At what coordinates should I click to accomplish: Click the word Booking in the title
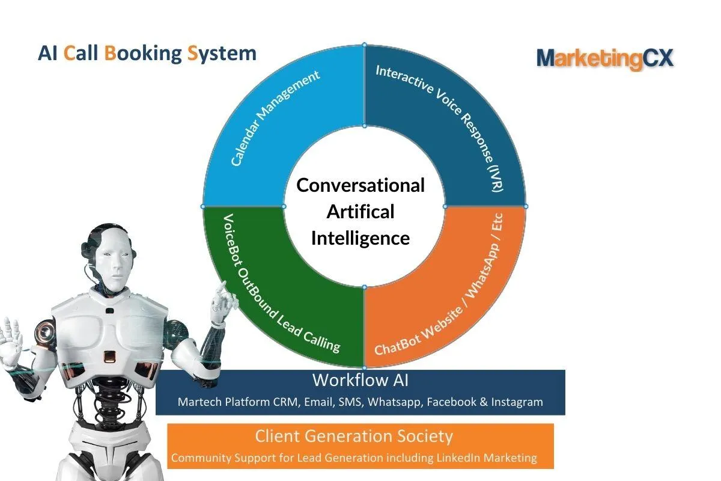(143, 54)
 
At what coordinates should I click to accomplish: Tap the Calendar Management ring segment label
(275, 118)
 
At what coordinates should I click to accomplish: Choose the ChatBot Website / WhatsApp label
(439, 284)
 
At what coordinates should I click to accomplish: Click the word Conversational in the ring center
(360, 185)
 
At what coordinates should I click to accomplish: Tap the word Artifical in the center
(360, 212)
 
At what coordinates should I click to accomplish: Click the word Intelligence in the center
(360, 239)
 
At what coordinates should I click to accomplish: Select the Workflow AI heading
(360, 380)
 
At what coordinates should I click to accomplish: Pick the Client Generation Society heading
(354, 437)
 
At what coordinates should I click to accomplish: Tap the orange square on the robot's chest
(110, 356)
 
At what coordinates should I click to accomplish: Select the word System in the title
(222, 54)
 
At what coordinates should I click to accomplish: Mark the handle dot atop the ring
(364, 44)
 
